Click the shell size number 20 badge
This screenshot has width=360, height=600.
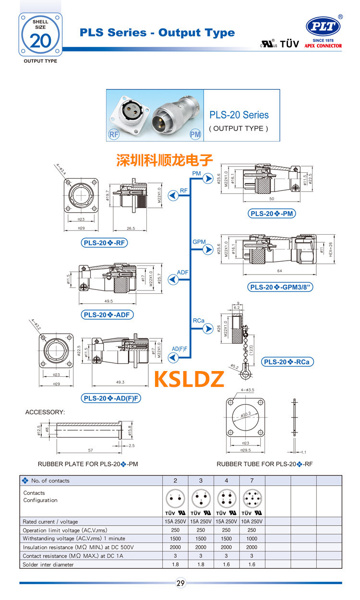[40, 40]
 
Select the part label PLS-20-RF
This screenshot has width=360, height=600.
[105, 243]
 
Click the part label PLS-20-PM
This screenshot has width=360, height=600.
[272, 214]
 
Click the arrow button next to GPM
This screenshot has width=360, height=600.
[208, 250]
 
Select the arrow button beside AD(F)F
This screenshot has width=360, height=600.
[172, 357]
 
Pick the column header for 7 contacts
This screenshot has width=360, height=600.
[252, 480]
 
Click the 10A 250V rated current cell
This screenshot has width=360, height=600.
[252, 522]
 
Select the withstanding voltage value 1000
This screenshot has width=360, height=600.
[252, 539]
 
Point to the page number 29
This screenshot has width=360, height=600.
[180, 583]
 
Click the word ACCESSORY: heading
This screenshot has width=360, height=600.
[45, 412]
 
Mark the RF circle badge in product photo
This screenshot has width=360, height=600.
[114, 134]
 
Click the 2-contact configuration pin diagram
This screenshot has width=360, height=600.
[175, 497]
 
